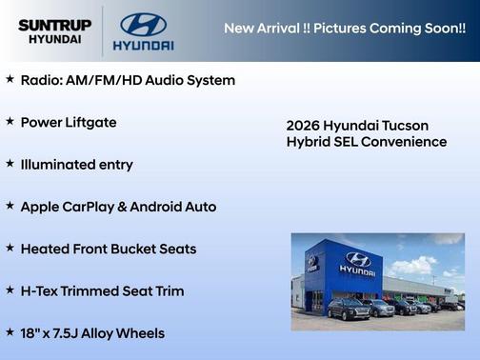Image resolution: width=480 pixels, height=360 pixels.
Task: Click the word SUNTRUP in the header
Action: click(54, 24)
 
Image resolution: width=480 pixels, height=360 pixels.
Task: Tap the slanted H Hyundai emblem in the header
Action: click(143, 24)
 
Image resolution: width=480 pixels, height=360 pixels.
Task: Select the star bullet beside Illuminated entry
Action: click(10, 164)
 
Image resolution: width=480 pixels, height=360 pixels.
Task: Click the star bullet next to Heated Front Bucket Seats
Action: click(10, 249)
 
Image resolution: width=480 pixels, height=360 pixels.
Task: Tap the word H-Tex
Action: click(41, 291)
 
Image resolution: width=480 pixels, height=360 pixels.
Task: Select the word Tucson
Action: click(403, 126)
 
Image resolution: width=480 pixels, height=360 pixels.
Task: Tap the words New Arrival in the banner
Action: click(261, 28)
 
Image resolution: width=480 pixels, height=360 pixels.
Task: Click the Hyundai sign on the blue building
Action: click(357, 264)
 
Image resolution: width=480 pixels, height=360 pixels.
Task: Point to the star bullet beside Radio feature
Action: click(10, 80)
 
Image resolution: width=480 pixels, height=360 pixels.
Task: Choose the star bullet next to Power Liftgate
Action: click(10, 122)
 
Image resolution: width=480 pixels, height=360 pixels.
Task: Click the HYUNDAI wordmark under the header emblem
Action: click(143, 45)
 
